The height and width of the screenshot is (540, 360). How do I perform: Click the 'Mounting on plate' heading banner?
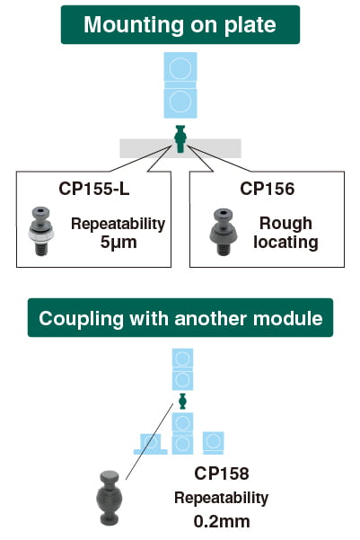tap(180, 25)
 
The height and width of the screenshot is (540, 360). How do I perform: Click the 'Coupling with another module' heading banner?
tap(180, 317)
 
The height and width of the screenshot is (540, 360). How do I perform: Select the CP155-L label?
tap(94, 189)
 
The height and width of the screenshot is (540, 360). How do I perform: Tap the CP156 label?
tap(267, 189)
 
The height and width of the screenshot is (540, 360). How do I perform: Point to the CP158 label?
tap(222, 474)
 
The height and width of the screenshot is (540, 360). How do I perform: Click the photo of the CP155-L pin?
tap(40, 231)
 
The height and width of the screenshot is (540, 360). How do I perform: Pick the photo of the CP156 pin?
tap(224, 232)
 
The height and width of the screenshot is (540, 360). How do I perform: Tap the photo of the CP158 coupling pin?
tap(110, 498)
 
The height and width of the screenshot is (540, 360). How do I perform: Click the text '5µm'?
tap(119, 243)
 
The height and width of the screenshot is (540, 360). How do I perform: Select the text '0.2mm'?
tap(222, 521)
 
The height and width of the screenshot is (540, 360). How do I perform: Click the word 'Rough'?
tap(285, 224)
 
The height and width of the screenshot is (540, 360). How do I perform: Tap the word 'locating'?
tap(285, 242)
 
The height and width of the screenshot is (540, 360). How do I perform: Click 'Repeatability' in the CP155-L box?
tap(118, 224)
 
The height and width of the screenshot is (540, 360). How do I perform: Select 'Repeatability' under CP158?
tap(222, 498)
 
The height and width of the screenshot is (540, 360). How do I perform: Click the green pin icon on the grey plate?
tap(180, 138)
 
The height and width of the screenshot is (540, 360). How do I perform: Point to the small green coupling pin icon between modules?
tap(182, 402)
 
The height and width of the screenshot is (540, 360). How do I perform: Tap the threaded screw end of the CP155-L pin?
tap(40, 249)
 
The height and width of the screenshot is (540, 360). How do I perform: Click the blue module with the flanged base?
tap(151, 444)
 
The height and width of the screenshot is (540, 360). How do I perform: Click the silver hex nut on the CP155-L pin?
tap(40, 235)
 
